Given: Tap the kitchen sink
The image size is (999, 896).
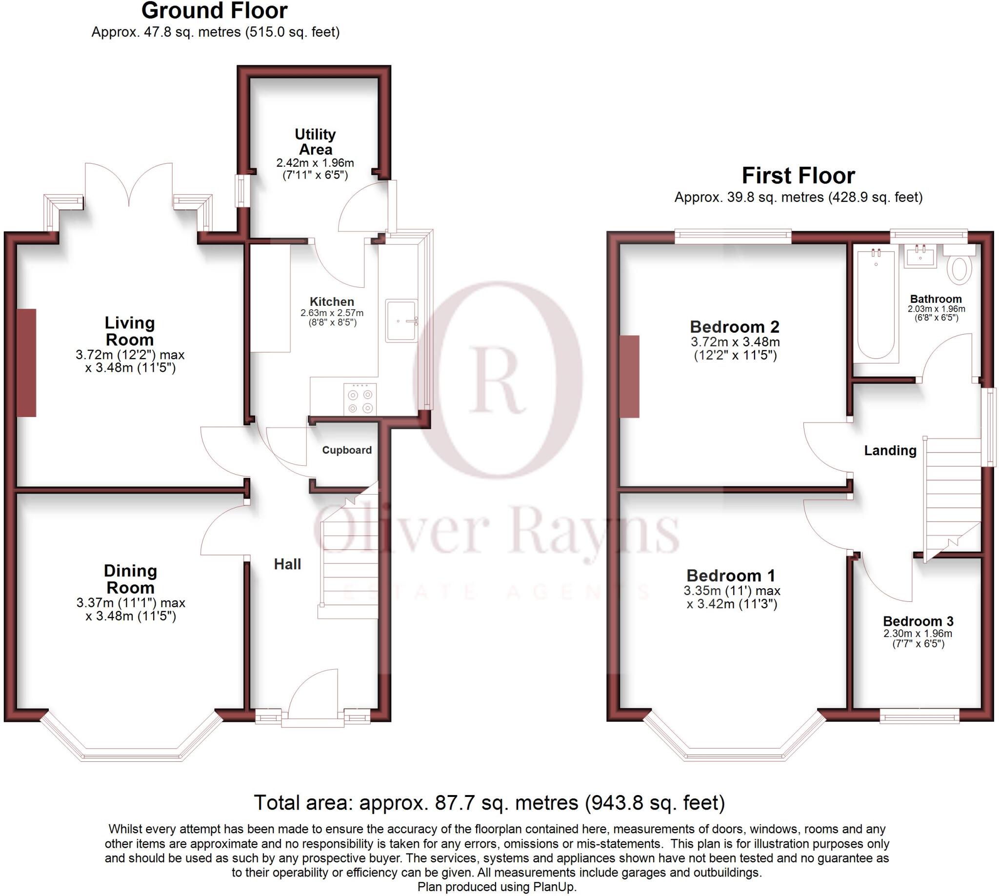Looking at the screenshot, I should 401,321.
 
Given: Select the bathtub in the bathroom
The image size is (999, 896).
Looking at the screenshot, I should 876,305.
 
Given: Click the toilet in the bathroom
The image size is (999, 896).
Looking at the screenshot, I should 959,268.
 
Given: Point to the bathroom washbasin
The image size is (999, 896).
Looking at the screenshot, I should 919,257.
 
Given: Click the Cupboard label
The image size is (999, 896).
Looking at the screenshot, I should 347,450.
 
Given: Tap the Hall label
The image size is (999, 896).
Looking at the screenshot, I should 287,564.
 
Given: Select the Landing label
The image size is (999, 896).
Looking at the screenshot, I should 890,451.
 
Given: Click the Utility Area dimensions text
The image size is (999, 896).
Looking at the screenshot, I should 315,169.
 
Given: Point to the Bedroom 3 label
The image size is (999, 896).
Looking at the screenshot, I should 918,621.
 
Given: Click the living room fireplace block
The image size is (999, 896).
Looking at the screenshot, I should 27,363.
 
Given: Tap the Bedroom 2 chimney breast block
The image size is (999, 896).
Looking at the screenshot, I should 629,377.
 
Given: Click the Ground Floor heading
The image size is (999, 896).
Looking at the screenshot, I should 214,11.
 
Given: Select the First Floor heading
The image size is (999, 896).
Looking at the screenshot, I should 798,176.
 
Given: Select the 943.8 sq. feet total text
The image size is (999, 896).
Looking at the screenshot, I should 655,803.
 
